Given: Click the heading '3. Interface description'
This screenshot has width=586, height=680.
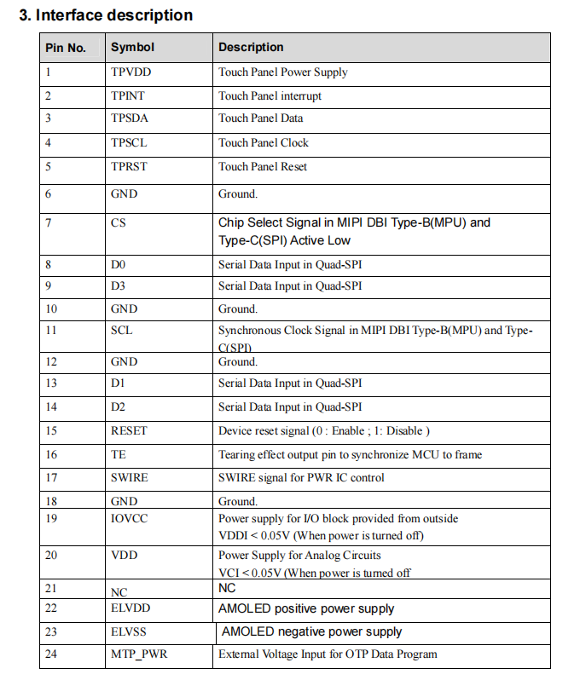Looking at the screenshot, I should coord(106,15).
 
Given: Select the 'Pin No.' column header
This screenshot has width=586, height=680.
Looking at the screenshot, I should coord(66,48).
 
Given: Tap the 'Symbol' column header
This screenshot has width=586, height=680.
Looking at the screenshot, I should coord(132,48).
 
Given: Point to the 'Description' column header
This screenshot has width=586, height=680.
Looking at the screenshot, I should coord(251,48).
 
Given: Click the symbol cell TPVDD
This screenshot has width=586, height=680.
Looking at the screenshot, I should coord(131,72).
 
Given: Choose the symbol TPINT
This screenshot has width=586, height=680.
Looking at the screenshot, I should coord(128,96).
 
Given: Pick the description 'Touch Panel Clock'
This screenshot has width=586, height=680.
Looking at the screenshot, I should coord(263,143).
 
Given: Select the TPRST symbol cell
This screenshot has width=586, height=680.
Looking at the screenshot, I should coord(129,167).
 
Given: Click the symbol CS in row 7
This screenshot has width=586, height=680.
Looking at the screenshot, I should coord(118,223).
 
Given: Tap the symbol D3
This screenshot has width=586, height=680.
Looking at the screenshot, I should coord(118,286).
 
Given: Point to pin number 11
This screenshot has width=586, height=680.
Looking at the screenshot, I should coord(52,330).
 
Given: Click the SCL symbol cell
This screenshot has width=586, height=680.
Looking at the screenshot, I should coord(121,330).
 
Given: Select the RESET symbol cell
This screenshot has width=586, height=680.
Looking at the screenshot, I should coord(129,431).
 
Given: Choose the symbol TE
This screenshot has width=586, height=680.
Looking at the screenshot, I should coord(118,455).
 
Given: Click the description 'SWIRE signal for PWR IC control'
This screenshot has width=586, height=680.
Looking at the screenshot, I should coord(301,478).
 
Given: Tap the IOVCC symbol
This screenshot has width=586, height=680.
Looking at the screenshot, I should coord(129,518).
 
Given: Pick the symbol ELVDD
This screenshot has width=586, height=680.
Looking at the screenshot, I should coord(130,608).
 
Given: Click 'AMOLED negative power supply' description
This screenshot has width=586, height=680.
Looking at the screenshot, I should coord(311,632).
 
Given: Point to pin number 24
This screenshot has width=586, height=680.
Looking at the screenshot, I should coord(52,654).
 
